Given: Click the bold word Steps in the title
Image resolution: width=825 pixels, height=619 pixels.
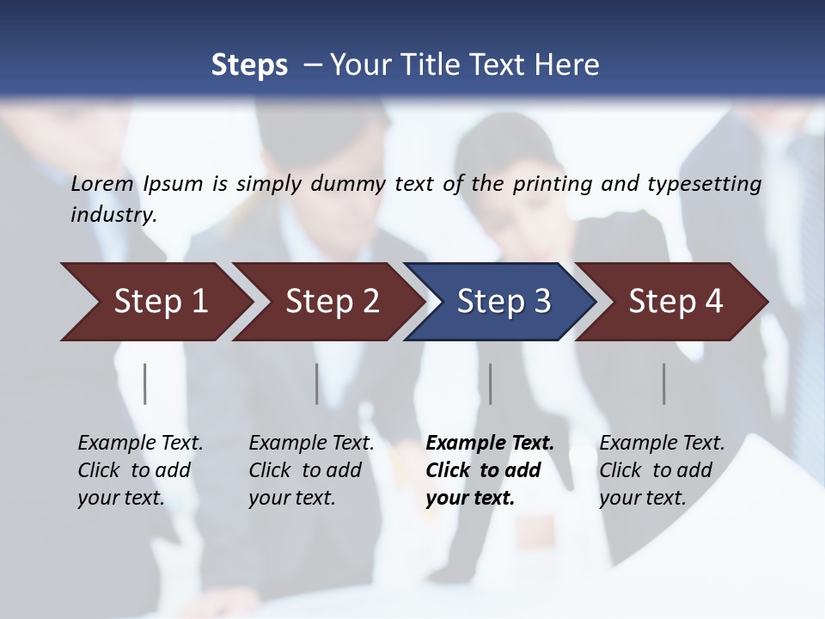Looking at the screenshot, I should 249,65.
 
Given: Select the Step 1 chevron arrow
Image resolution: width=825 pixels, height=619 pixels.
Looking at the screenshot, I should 155,302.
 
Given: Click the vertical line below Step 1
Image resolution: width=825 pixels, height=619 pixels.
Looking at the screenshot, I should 145,383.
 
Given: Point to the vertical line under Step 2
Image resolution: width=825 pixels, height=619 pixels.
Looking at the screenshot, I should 317,383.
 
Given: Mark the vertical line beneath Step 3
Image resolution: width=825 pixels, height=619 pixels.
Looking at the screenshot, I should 491,383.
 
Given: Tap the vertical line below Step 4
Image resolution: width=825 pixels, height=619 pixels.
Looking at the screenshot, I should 664,383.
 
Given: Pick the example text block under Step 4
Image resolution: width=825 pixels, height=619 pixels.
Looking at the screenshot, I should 662,470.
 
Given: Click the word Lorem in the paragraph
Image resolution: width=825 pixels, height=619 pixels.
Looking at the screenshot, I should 102,183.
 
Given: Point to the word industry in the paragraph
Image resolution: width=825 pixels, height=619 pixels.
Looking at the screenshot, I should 113,214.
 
